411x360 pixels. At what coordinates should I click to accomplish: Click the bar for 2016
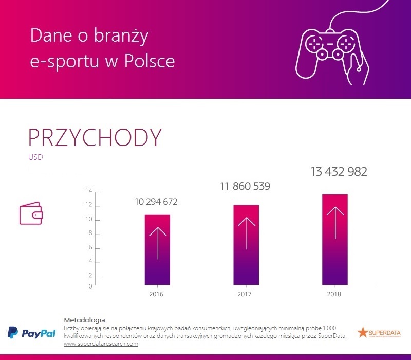(x=157, y=250)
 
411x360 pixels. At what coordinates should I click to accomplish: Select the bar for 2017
(x=246, y=245)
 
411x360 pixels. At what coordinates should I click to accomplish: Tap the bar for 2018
(x=335, y=240)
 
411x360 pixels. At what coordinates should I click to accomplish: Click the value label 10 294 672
(x=156, y=202)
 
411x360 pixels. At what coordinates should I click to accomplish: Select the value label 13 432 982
(x=339, y=172)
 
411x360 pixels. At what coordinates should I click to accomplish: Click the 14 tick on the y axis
(x=89, y=191)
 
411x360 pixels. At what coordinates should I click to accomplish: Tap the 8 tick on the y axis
(x=90, y=233)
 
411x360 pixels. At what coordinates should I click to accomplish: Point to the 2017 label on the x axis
(x=245, y=295)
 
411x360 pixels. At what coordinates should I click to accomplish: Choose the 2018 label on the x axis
(x=333, y=295)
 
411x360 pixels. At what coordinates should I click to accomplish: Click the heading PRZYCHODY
(x=95, y=137)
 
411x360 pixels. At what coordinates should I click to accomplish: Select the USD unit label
(x=35, y=157)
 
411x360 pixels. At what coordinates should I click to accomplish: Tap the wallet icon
(x=30, y=214)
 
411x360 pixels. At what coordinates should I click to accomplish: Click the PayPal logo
(x=32, y=333)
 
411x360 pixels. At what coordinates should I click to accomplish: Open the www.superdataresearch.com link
(x=101, y=344)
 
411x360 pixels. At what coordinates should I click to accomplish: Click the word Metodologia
(x=84, y=320)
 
